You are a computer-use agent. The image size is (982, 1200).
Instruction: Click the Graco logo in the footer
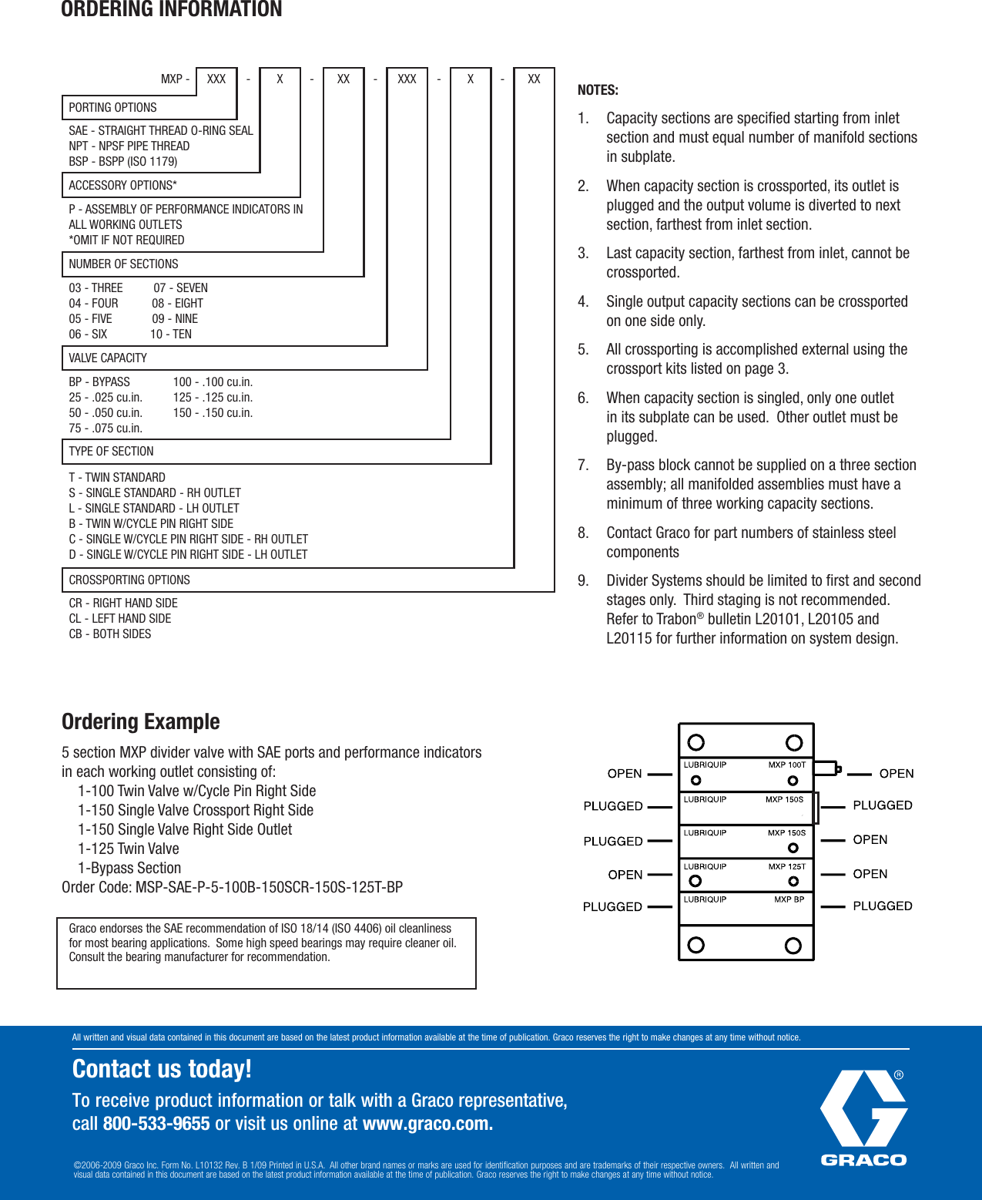coord(863,1118)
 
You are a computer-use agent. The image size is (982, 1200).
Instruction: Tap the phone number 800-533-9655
coord(156,1124)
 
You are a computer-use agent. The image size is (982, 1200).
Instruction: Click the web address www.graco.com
coord(426,1124)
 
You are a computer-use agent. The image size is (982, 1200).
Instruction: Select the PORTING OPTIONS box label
coord(112,108)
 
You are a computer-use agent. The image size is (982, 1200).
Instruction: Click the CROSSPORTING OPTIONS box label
coord(129,580)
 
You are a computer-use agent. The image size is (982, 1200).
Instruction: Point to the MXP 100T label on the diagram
coord(786,765)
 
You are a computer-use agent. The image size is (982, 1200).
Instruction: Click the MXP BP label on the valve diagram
coord(789,899)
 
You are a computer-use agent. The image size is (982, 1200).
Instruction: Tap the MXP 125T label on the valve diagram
coord(786,866)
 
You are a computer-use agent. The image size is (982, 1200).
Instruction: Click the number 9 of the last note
coord(583,581)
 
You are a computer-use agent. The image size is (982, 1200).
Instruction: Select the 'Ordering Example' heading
coord(141,721)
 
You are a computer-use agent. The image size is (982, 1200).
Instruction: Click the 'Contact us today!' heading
coord(162,1069)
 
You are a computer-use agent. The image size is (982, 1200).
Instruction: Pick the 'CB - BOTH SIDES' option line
coord(110,634)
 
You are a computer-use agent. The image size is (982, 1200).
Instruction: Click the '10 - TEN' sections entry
coord(171,334)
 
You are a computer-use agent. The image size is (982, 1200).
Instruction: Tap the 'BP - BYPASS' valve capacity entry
coord(99,382)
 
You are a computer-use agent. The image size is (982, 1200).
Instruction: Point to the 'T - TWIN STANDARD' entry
coord(117,478)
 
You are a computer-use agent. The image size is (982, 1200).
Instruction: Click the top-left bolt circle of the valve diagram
coord(696,742)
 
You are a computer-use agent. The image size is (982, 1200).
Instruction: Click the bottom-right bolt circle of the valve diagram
coord(793,946)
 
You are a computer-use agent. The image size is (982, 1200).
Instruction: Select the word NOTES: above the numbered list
coord(598,90)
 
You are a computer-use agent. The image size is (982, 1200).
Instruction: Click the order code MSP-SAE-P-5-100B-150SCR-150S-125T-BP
coord(269,887)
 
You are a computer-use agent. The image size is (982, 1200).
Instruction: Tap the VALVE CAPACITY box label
coord(108,358)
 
